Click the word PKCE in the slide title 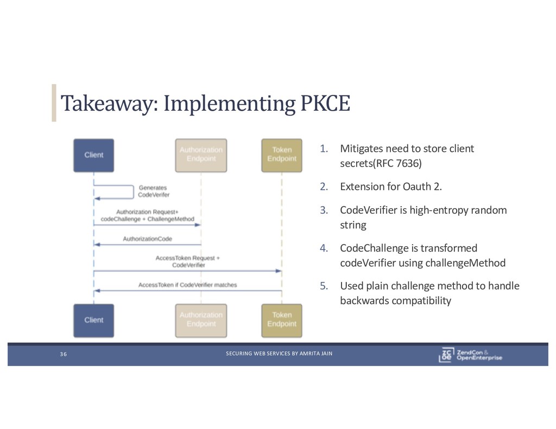(x=325, y=103)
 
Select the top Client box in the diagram (x=93, y=155)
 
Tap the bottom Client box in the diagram (x=93, y=320)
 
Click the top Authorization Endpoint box (x=201, y=155)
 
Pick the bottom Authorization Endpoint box (x=201, y=319)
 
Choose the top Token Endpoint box (x=282, y=155)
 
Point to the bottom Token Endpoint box (x=282, y=319)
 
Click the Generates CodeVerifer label (x=154, y=191)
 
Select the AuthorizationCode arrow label (x=148, y=239)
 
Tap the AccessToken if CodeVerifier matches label (x=187, y=285)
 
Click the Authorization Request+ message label (x=147, y=212)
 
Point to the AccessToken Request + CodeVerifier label (x=188, y=261)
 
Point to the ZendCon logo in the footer (x=470, y=354)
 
